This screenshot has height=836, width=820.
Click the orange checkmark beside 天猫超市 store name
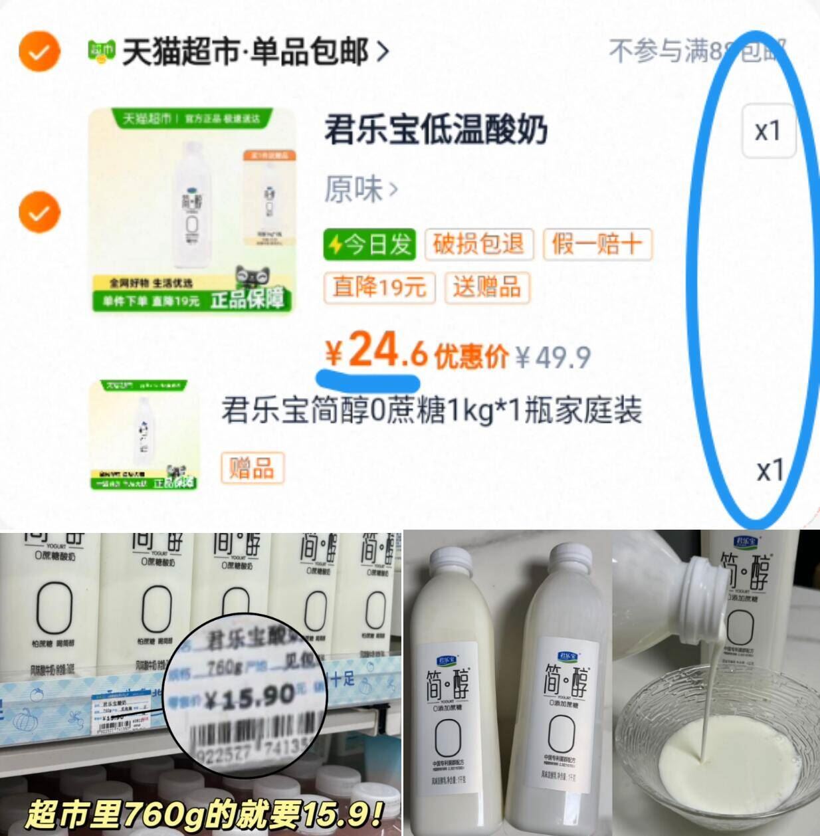[x=39, y=51]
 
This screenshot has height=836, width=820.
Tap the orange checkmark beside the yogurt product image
[x=39, y=212]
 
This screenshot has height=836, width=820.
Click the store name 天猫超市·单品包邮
[x=245, y=52]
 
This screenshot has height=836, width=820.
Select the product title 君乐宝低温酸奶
[x=435, y=130]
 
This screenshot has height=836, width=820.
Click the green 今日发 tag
[x=369, y=245]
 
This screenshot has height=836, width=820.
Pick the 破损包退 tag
[x=478, y=245]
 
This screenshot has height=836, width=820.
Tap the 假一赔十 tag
[x=597, y=245]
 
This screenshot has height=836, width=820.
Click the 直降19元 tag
[x=379, y=287]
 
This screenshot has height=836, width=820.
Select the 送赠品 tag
[x=486, y=287]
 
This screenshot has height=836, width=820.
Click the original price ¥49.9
[x=553, y=358]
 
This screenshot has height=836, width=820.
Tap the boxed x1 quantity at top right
[x=768, y=131]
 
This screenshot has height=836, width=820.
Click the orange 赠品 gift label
[x=252, y=468]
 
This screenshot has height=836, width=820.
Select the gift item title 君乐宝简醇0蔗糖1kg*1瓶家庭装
[x=432, y=410]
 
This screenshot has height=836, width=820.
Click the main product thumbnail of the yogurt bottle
[x=193, y=209]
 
